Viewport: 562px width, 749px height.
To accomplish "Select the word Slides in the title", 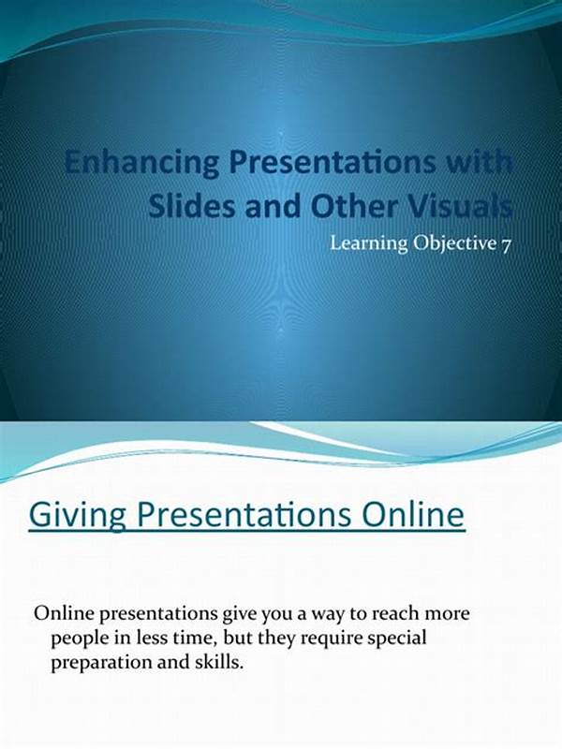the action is click(x=191, y=207).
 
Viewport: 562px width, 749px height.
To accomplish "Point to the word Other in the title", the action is click(x=355, y=207).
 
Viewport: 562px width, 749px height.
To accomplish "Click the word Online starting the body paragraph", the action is click(x=63, y=613).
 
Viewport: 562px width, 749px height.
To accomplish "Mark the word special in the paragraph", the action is click(x=400, y=639).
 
